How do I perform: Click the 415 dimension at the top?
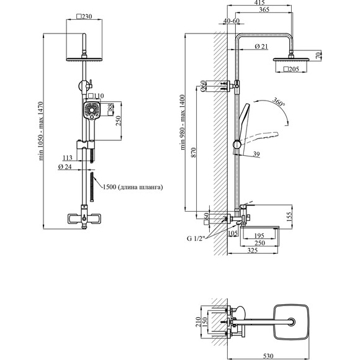[x=259, y=2]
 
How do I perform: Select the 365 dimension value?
[x=264, y=10]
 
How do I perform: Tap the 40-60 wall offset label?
[x=232, y=20]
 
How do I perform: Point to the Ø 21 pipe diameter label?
[x=261, y=47]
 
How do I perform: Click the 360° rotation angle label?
[x=279, y=102]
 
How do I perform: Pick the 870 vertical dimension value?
[x=194, y=153]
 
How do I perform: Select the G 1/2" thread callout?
[x=196, y=238]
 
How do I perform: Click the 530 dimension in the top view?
[x=268, y=356]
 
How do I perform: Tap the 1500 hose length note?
[x=133, y=187]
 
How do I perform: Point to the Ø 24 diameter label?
[x=65, y=167]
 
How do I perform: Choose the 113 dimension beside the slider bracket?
[x=68, y=158]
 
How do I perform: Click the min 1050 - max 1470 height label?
[x=41, y=131]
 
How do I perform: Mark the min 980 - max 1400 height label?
[x=182, y=122]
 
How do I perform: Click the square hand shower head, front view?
[x=92, y=110]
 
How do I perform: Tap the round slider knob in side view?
[x=237, y=145]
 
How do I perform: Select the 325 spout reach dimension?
[x=253, y=251]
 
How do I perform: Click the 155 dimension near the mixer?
[x=289, y=216]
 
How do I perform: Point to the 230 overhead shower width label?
[x=84, y=17]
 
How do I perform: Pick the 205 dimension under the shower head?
[x=291, y=69]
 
